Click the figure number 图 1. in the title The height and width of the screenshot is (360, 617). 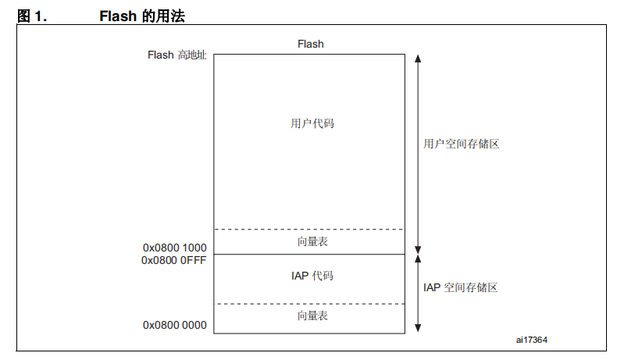(x=32, y=16)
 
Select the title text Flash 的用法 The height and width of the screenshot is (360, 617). (x=142, y=16)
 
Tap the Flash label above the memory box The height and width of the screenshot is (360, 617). (x=311, y=44)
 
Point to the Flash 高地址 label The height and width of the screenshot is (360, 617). (x=177, y=55)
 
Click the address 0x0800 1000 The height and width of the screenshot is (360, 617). (x=175, y=248)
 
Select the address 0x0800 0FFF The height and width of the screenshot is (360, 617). (x=174, y=260)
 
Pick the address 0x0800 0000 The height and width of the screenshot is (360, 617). (x=175, y=325)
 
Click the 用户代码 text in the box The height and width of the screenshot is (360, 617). (x=312, y=123)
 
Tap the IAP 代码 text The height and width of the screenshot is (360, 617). (x=312, y=276)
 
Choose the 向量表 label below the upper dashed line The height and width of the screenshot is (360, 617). (x=312, y=241)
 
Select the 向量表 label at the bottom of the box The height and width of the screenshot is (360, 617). (x=312, y=315)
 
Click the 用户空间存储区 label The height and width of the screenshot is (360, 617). (x=461, y=144)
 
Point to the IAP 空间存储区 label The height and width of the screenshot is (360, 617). (x=460, y=287)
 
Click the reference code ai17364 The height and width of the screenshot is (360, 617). (x=532, y=340)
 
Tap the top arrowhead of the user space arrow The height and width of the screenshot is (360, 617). (x=418, y=59)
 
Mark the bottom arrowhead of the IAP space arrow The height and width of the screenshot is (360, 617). (x=418, y=328)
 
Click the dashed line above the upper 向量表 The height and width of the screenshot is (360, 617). (x=309, y=229)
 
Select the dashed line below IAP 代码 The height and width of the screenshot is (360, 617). (x=309, y=304)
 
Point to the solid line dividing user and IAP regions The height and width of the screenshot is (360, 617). (x=309, y=254)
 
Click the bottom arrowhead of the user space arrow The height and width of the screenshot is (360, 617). (x=418, y=250)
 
